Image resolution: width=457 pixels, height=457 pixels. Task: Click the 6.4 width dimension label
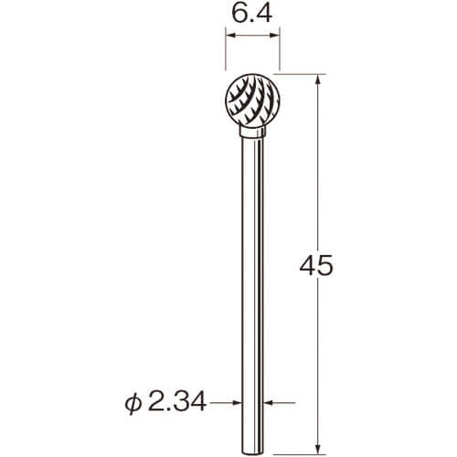251,13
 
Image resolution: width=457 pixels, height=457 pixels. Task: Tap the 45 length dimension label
316,265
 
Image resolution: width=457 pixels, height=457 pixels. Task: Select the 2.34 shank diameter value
177,403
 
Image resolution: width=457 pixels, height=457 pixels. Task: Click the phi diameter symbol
133,404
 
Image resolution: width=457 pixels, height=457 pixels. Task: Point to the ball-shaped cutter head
252,101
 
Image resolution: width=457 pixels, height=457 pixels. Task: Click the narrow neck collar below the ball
252,133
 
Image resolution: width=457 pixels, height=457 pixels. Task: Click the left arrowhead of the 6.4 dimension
230,36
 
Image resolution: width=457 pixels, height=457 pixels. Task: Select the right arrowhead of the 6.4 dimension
275,36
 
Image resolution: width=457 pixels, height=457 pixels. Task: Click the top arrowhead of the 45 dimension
318,80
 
